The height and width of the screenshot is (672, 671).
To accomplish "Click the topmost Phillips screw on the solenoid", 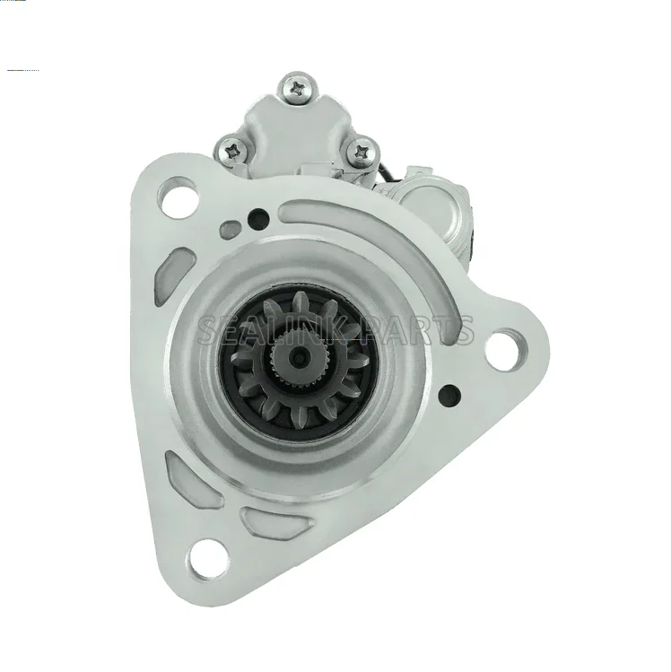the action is (x=298, y=89).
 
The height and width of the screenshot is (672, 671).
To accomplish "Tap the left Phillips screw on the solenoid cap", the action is (x=234, y=151).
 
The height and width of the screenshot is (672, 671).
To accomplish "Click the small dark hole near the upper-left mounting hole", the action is (x=258, y=219).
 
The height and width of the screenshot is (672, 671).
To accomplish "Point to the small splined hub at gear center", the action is (x=297, y=354).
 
